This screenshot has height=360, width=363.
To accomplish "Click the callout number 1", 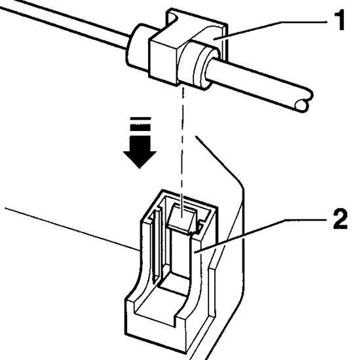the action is click(339, 20).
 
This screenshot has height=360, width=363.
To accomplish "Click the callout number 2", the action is click(340, 219).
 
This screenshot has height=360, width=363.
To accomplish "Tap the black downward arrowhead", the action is click(140, 160).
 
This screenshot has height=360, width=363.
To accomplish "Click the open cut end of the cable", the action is click(301, 105).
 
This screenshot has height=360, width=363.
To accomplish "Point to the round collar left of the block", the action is click(138, 47).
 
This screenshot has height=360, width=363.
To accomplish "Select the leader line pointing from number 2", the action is click(261, 236).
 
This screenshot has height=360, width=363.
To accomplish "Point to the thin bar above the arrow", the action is click(140, 118).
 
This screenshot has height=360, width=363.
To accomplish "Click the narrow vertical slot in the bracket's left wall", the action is click(156, 245).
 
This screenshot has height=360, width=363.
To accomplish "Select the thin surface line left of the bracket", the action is click(72, 229).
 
